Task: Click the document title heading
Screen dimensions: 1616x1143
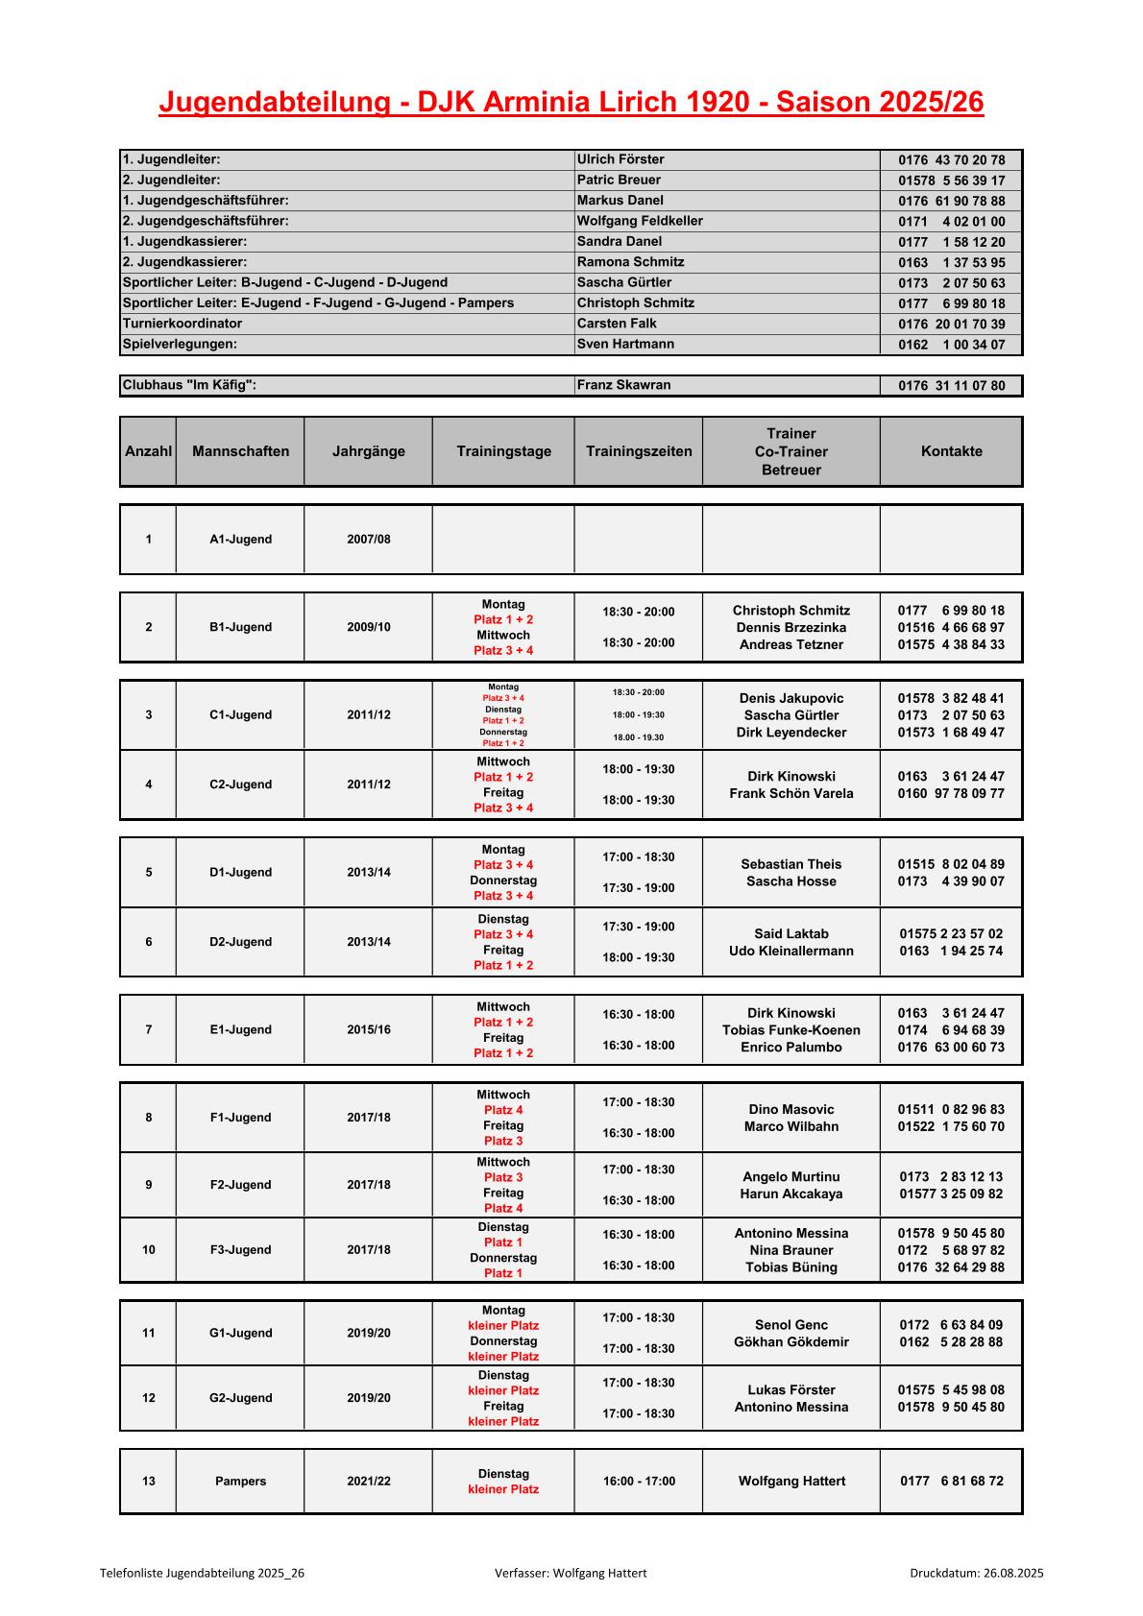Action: pyautogui.click(x=571, y=103)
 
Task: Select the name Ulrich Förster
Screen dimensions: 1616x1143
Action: pyautogui.click(x=620, y=159)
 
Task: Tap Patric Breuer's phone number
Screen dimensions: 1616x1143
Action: pyautogui.click(x=951, y=181)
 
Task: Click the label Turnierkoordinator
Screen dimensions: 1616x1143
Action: pyautogui.click(x=182, y=324)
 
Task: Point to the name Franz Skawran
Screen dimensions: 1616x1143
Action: pyautogui.click(x=623, y=385)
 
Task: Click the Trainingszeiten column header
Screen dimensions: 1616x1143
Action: pyautogui.click(x=639, y=451)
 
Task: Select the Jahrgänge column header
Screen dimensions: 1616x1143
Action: pyautogui.click(x=369, y=451)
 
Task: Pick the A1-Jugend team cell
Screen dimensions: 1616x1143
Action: pyautogui.click(x=240, y=540)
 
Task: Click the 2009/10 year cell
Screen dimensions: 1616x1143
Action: pyautogui.click(x=369, y=627)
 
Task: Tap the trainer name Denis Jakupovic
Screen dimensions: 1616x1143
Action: pyautogui.click(x=791, y=698)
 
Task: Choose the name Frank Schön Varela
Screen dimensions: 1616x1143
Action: pyautogui.click(x=791, y=793)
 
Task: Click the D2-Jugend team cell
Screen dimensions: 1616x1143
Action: pyautogui.click(x=240, y=942)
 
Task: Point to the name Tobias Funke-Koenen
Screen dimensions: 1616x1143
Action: pyautogui.click(x=791, y=1030)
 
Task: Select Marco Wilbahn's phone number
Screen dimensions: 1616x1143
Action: pyautogui.click(x=951, y=1126)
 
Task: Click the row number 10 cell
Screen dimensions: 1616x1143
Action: pyautogui.click(x=149, y=1250)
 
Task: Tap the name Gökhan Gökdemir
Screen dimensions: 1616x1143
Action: pyautogui.click(x=791, y=1342)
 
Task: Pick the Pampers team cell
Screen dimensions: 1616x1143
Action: pyautogui.click(x=240, y=1482)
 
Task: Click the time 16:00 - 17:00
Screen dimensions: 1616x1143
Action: pyautogui.click(x=639, y=1482)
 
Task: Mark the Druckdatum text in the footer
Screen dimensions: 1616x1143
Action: pyautogui.click(x=976, y=1573)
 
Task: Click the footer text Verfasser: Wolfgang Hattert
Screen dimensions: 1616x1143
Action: pyautogui.click(x=571, y=1573)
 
